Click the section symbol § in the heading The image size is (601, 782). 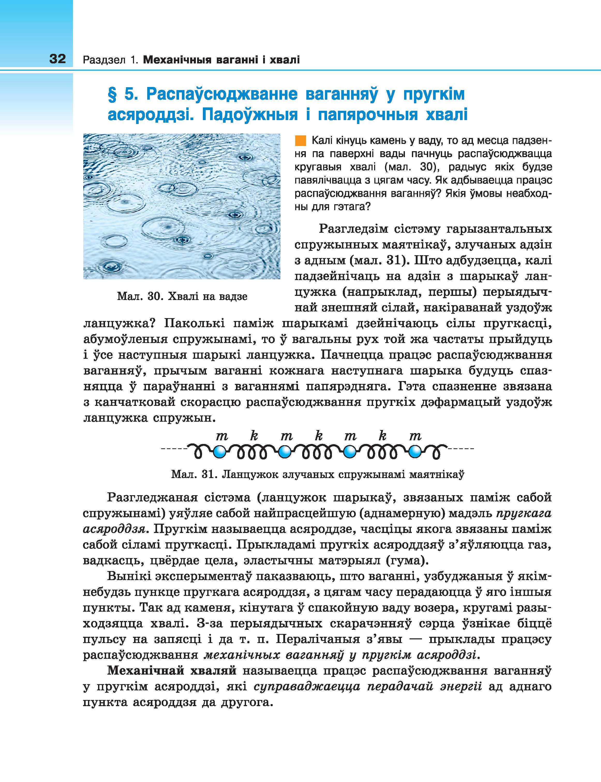(113, 94)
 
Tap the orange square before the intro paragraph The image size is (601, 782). (301, 141)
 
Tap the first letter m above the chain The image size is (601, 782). (222, 436)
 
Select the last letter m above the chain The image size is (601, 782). (415, 436)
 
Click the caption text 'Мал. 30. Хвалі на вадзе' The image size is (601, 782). (182, 296)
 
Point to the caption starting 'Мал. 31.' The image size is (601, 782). (318, 474)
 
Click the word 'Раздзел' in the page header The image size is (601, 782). (105, 60)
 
